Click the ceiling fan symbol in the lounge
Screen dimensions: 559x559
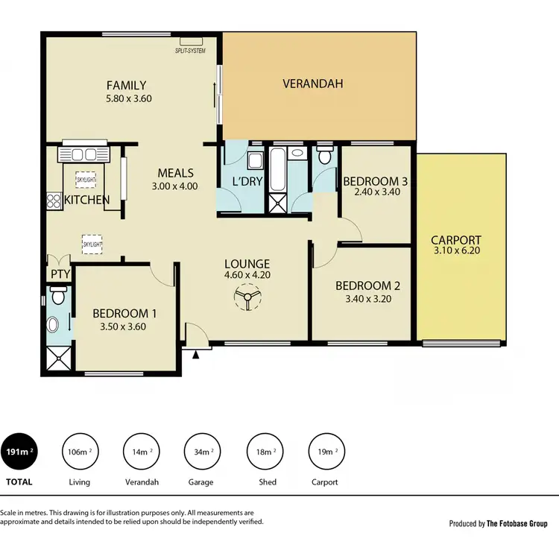[246, 300]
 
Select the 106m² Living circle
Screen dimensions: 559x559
[80, 452]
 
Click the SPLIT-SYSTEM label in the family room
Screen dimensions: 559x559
[190, 51]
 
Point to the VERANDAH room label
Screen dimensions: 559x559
[313, 83]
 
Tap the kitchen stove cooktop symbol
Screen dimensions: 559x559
[54, 200]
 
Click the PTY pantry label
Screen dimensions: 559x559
[59, 274]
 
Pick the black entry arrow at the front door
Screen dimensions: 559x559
[196, 355]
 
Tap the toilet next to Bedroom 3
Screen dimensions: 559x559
[324, 157]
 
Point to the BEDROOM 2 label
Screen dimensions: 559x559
[363, 285]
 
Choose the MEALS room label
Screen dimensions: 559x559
[176, 173]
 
